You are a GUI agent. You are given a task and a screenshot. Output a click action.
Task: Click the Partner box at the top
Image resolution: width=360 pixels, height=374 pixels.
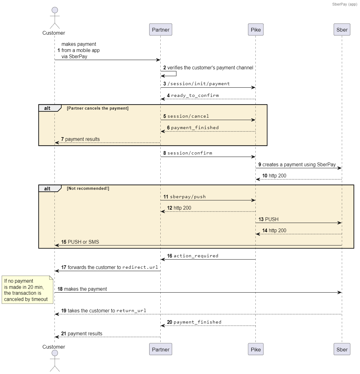tap(160, 30)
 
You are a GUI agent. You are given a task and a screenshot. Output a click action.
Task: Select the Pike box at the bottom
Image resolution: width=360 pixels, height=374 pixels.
tap(255, 349)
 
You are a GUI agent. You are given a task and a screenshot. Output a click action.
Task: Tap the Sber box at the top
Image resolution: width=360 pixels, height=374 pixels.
tap(342, 30)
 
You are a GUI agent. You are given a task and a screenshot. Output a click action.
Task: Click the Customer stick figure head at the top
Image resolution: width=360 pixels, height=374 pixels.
tap(55, 10)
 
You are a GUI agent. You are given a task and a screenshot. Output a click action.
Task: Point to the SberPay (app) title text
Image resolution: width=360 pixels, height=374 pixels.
tap(345, 4)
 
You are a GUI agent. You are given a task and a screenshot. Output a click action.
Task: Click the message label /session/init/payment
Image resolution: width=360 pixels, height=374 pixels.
tap(198, 84)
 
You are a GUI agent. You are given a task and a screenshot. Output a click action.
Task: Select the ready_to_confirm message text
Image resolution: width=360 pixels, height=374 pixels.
tap(195, 95)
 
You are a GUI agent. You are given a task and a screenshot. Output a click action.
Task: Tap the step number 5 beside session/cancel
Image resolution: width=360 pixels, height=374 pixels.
tap(165, 116)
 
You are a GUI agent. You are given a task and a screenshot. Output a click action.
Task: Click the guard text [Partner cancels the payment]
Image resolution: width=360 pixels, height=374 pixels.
tap(98, 108)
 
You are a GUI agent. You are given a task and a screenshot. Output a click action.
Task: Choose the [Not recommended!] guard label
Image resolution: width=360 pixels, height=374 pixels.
tap(88, 188)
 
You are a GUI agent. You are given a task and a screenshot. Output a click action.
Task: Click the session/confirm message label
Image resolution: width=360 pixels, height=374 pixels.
tap(190, 153)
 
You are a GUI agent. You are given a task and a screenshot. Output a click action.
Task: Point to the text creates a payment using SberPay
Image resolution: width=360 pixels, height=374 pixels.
tap(299, 164)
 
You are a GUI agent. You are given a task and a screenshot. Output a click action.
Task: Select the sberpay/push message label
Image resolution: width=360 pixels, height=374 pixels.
tap(188, 197)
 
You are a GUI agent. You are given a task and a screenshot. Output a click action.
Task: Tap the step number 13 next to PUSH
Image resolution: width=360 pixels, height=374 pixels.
tap(261, 219)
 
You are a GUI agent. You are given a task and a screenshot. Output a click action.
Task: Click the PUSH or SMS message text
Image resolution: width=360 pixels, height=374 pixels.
tap(83, 242)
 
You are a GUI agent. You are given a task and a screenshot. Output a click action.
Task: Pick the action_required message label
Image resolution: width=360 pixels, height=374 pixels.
tap(196, 256)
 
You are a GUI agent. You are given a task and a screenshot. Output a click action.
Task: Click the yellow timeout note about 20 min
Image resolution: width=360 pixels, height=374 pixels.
tap(27, 289)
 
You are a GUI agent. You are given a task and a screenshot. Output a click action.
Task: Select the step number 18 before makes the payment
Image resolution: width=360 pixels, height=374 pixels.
tap(60, 289)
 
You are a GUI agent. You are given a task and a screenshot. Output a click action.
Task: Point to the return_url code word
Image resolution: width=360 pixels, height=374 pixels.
tap(131, 311)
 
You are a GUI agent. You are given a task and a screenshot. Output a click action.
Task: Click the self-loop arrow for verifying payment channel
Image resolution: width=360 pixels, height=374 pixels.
tap(176, 74)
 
